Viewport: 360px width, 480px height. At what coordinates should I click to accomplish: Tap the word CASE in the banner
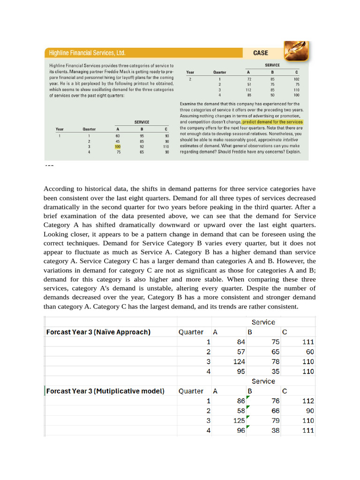[x=260, y=53]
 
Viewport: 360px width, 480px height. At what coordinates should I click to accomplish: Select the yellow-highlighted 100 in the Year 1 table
[x=118, y=146]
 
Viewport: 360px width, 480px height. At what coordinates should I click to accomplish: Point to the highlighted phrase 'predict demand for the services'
[x=272, y=122]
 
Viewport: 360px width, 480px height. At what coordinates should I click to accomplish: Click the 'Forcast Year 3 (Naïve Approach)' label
[x=98, y=332]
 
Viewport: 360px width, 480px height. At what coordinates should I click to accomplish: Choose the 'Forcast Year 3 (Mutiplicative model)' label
[x=105, y=391]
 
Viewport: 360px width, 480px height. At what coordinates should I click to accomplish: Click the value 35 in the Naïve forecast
[x=275, y=371]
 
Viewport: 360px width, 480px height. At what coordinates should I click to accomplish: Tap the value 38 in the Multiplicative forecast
[x=275, y=430]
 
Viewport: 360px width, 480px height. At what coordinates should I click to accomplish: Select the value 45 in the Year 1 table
[x=118, y=141]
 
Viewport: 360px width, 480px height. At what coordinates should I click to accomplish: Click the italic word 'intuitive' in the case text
[x=290, y=140]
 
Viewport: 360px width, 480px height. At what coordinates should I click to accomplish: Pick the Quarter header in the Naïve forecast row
[x=191, y=332]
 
